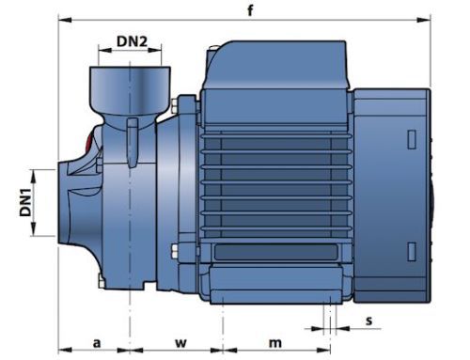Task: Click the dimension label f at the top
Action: pyautogui.click(x=250, y=10)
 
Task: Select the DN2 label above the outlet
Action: pyautogui.click(x=132, y=41)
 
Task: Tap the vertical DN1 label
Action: pyautogui.click(x=25, y=202)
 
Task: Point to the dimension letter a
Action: pyautogui.click(x=97, y=343)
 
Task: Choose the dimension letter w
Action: pyautogui.click(x=180, y=343)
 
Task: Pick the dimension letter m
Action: pyautogui.click(x=275, y=343)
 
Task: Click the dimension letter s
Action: pyautogui.click(x=369, y=321)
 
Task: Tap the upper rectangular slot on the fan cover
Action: pyautogui.click(x=412, y=139)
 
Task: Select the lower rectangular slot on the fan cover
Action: pyautogui.click(x=412, y=252)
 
